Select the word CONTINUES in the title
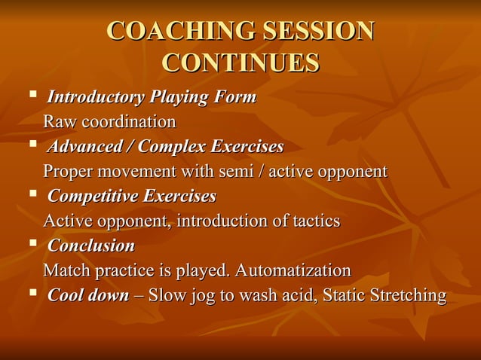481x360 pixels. pyautogui.click(x=240, y=63)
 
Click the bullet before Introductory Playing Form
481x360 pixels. pyautogui.click(x=32, y=96)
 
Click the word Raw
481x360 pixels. pyautogui.click(x=60, y=122)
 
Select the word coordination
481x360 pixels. pyautogui.click(x=129, y=122)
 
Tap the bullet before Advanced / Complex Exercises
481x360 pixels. pyautogui.click(x=32, y=145)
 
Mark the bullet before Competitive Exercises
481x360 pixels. pyautogui.click(x=32, y=195)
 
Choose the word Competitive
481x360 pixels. pyautogui.click(x=93, y=197)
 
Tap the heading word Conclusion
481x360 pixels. pyautogui.click(x=91, y=246)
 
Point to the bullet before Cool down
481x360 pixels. pyautogui.click(x=32, y=294)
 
